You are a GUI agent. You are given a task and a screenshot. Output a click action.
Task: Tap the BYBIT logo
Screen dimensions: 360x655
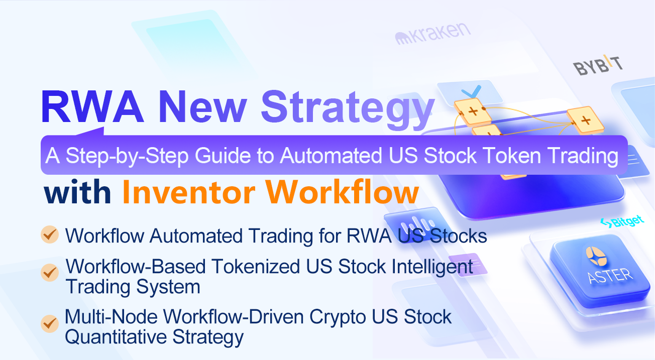point(598,65)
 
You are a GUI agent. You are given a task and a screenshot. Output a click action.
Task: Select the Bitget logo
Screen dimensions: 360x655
point(622,221)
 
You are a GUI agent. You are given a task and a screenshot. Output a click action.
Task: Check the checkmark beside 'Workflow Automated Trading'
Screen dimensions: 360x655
point(49,235)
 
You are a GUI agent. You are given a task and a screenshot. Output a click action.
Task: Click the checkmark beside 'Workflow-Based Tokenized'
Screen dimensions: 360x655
point(49,272)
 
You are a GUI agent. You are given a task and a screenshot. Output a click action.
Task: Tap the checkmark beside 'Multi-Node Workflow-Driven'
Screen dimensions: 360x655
point(49,323)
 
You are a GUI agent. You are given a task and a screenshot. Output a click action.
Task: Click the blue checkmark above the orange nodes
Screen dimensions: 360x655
point(471,91)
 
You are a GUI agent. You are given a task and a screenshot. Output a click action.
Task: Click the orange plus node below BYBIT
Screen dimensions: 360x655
point(585,121)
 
